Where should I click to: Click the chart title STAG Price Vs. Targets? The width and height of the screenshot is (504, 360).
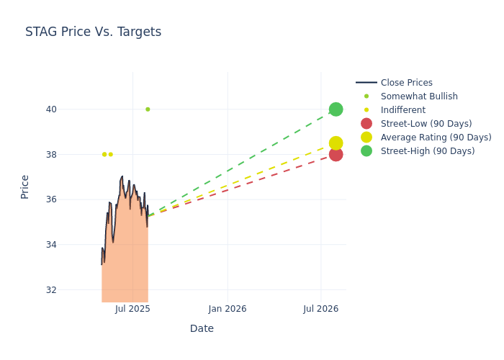(93, 32)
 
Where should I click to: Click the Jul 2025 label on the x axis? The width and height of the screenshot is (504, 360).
(132, 309)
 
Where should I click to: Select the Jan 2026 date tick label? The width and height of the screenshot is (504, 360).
(228, 309)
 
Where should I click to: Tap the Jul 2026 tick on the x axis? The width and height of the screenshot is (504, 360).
(321, 309)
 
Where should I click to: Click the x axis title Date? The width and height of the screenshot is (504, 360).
(202, 329)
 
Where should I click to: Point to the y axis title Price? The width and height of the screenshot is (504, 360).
(25, 186)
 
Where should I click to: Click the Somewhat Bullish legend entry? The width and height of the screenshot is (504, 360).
(419, 96)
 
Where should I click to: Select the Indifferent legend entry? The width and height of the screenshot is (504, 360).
(402, 110)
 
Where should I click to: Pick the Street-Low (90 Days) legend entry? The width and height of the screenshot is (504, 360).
(426, 124)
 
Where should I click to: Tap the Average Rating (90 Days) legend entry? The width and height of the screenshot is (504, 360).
(436, 138)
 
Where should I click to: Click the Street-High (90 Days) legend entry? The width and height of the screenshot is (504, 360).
(428, 151)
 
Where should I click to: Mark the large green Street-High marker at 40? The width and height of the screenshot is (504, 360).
(336, 109)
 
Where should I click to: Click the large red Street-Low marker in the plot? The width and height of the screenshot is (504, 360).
(336, 154)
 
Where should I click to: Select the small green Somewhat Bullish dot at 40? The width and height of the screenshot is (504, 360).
(148, 109)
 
